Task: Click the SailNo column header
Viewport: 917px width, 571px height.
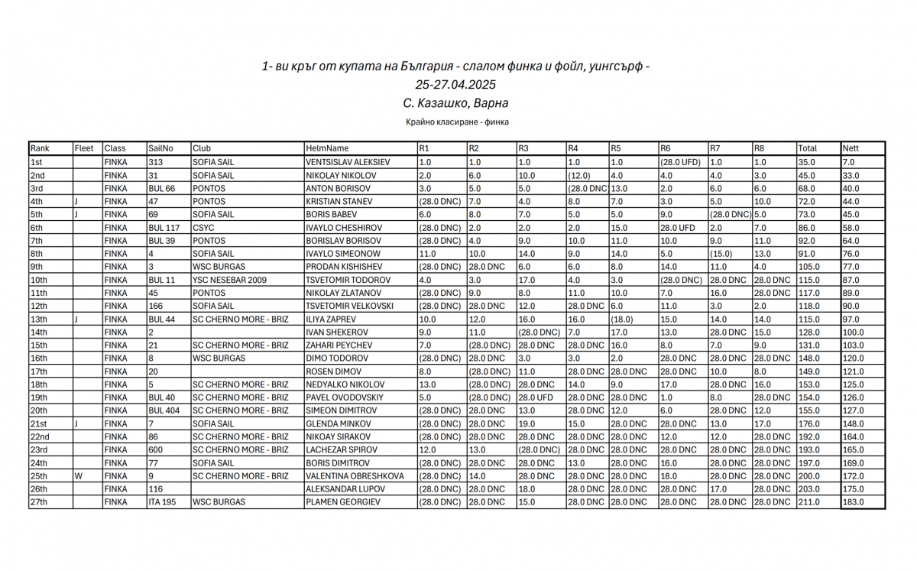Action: (x=160, y=148)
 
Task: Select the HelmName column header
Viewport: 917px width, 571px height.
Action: (x=327, y=148)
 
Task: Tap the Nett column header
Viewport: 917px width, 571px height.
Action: (x=851, y=148)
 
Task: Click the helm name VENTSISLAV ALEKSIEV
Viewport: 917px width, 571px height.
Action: (x=348, y=162)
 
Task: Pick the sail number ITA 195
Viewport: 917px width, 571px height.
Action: (x=161, y=502)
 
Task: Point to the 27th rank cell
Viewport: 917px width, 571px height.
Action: (x=39, y=502)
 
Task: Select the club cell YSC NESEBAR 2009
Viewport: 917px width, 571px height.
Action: (x=229, y=280)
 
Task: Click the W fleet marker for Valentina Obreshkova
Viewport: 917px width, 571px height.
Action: (x=78, y=475)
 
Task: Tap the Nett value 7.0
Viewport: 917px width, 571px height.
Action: (x=848, y=162)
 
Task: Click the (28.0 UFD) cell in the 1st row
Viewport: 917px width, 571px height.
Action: (x=680, y=162)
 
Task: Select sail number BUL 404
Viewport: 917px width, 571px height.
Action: (x=164, y=410)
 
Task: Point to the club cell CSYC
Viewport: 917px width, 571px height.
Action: (x=203, y=228)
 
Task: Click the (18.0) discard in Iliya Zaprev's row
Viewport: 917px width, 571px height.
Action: (x=622, y=319)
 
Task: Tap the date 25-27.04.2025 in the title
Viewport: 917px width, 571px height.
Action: (x=455, y=85)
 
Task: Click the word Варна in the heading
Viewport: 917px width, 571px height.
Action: (x=491, y=103)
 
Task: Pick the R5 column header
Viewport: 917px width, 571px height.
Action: (x=616, y=148)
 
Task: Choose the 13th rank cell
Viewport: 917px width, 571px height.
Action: (x=39, y=319)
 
